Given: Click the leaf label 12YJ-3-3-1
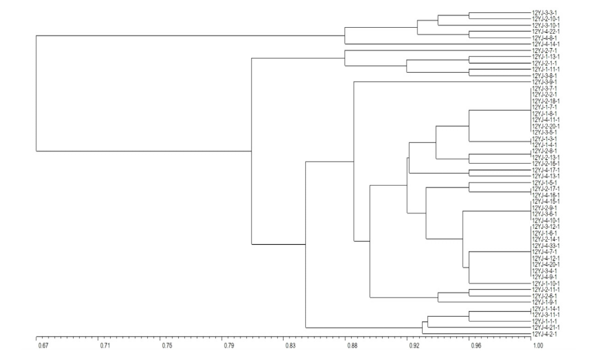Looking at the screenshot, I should pyautogui.click(x=546, y=13).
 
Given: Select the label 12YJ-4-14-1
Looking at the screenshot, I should pyautogui.click(x=547, y=44).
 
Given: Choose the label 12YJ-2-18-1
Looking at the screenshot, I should pyautogui.click(x=547, y=100).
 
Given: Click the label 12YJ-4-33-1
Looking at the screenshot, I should pyautogui.click(x=547, y=245).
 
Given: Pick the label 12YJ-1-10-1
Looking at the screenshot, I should pyautogui.click(x=547, y=283).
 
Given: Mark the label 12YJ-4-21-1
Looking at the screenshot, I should pyautogui.click(x=547, y=328).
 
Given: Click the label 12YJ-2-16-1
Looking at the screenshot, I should pyautogui.click(x=547, y=164).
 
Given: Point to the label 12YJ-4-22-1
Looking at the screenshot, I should pyautogui.click(x=547, y=32).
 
